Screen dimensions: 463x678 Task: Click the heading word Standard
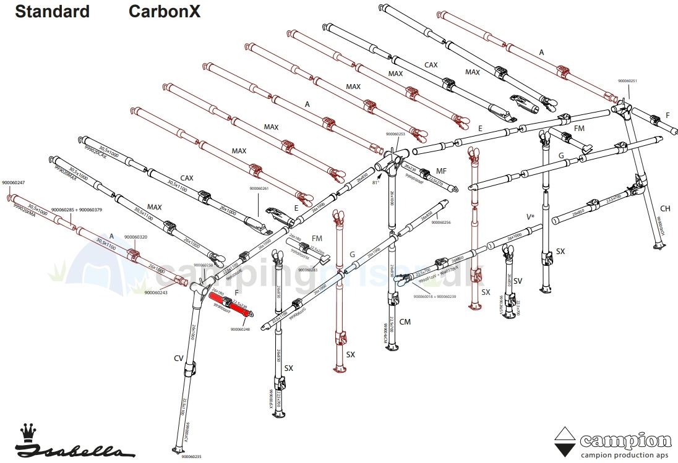(x=52, y=11)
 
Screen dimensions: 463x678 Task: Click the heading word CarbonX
(x=164, y=11)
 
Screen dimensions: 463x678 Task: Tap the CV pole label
(x=178, y=358)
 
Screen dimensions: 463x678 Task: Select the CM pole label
(x=405, y=322)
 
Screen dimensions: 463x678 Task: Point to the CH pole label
(x=665, y=208)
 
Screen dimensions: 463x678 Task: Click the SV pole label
(x=518, y=281)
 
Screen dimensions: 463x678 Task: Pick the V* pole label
(x=530, y=217)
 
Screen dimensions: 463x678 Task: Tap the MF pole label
(x=441, y=170)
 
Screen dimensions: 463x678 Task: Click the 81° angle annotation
(x=375, y=183)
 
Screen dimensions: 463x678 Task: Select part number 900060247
(x=14, y=182)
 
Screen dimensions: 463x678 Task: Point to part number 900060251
(x=627, y=81)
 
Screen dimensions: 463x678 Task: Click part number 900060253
(x=395, y=134)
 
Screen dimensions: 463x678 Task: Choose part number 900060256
(x=440, y=223)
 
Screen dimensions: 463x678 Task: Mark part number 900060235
(x=191, y=456)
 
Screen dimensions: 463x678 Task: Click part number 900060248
(x=240, y=329)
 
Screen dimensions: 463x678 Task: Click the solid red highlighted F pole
(x=231, y=305)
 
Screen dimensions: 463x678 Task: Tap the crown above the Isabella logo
(x=28, y=430)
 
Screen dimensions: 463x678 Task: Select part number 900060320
(x=135, y=237)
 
